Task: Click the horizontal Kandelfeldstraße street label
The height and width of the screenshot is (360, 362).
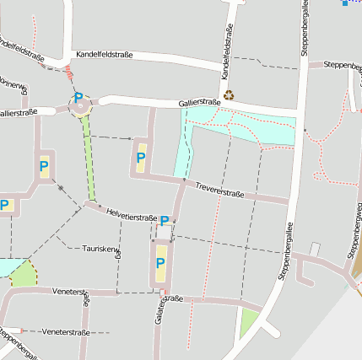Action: tap(104, 55)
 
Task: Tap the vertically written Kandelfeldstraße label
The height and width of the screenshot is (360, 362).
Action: tap(227, 52)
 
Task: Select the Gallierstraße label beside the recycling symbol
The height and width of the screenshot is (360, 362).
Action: tap(199, 103)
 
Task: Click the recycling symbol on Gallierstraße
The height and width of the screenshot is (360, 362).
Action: tap(230, 96)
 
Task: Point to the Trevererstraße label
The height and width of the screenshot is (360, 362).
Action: tap(219, 190)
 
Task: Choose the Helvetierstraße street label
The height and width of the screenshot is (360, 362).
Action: tap(132, 217)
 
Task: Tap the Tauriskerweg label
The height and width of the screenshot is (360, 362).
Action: tap(100, 249)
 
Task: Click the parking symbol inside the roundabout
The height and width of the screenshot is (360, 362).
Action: tap(78, 99)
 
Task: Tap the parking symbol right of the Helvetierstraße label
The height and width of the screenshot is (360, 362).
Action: tap(165, 221)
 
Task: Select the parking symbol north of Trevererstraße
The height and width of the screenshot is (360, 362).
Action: tap(141, 157)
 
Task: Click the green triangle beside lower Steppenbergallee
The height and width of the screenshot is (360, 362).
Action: tap(248, 321)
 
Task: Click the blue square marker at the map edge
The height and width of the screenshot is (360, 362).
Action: tap(344, 3)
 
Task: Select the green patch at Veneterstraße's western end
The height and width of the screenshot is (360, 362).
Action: tap(24, 273)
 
